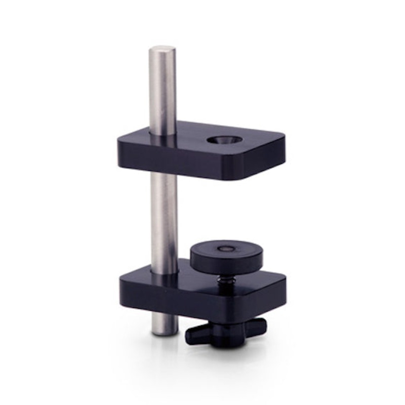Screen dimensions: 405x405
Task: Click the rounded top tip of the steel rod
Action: [x=162, y=49]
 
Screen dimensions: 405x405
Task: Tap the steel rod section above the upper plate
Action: [x=162, y=91]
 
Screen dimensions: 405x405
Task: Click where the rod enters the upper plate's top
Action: [x=163, y=135]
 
